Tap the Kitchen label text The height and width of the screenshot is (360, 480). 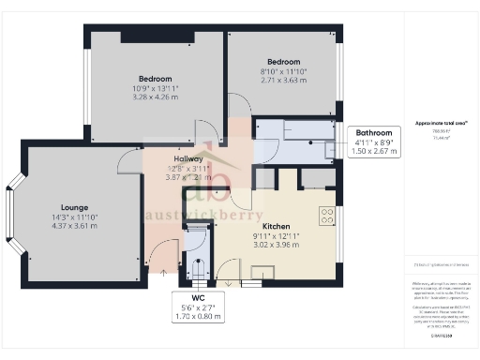[x=276, y=227]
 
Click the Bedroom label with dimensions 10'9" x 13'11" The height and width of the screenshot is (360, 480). [x=156, y=79]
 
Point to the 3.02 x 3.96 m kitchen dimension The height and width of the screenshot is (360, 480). [x=276, y=245]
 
